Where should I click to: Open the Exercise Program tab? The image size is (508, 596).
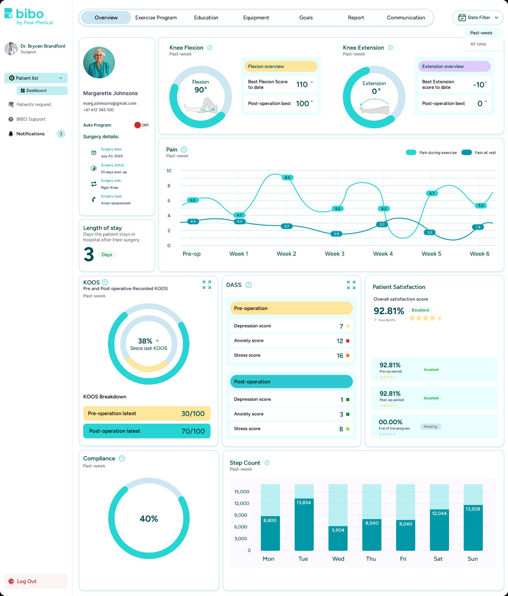tap(156, 18)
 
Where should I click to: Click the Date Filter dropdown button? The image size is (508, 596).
tap(478, 18)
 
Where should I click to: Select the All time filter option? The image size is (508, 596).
tap(478, 44)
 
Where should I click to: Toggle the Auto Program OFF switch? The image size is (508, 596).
tap(141, 125)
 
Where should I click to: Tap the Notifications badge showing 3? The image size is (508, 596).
tap(61, 134)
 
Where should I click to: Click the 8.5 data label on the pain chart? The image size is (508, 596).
tap(287, 178)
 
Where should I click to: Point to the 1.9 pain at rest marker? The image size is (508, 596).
tap(478, 227)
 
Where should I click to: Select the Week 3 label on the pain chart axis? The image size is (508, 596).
tap(334, 254)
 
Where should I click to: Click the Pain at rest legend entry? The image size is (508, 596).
tap(478, 153)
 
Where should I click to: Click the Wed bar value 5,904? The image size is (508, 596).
tap(338, 530)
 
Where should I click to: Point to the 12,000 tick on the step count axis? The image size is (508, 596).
tap(241, 503)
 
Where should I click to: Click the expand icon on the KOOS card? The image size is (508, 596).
tap(207, 285)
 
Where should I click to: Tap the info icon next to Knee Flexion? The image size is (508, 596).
tap(210, 48)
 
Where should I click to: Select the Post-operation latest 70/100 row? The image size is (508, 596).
tap(147, 431)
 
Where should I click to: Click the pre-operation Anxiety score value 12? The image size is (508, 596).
tap(340, 341)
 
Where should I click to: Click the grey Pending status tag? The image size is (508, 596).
tap(430, 427)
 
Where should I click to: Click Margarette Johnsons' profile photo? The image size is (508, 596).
tap(99, 63)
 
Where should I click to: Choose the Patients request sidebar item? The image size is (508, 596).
tap(33, 104)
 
